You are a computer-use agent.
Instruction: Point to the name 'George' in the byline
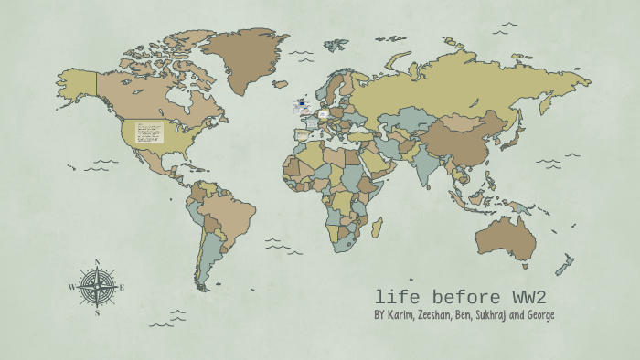(537, 316)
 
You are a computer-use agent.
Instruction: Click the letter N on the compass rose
(97, 264)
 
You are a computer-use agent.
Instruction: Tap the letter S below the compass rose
(97, 312)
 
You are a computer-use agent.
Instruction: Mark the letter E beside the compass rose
(122, 287)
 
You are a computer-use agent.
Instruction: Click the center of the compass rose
(97, 287)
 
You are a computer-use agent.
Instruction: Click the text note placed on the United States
(149, 132)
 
